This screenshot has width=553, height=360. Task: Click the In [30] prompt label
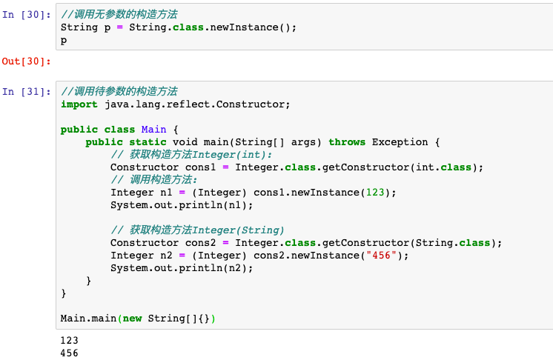[27, 14]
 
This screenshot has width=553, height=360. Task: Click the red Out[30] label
[27, 61]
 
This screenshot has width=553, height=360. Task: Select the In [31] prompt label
[27, 92]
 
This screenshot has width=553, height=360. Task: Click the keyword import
[79, 104]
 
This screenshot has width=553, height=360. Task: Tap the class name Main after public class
[153, 130]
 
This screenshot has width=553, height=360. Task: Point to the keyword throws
[347, 142]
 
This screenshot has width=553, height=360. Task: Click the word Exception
[400, 142]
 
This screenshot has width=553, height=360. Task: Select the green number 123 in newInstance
[375, 193]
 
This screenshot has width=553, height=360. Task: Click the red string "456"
[381, 255]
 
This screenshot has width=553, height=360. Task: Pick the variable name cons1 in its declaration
[200, 167]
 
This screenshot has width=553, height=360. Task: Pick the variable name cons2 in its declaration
[200, 243]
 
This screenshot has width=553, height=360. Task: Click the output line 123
[69, 340]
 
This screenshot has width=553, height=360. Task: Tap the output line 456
[69, 353]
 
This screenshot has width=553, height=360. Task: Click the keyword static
[148, 142]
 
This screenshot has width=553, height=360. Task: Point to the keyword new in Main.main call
[132, 319]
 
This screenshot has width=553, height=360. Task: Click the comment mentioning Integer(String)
[197, 230]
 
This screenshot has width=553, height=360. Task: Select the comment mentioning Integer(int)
[191, 155]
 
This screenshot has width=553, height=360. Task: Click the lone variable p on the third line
[64, 41]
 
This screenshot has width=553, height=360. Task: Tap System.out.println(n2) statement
[182, 268]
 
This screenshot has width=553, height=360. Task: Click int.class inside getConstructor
[444, 167]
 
